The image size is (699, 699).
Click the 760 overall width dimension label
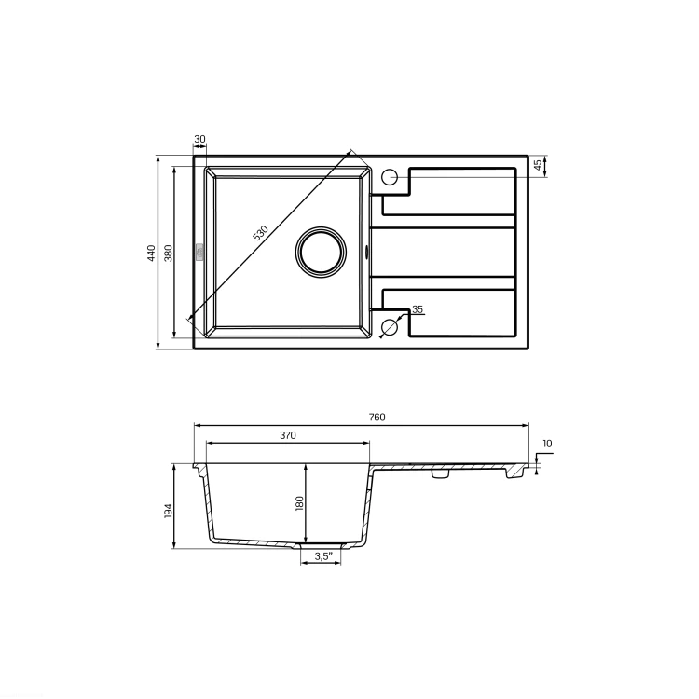377,418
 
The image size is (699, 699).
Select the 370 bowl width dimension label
288,435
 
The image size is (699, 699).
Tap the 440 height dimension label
152,253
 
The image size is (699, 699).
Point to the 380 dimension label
168,253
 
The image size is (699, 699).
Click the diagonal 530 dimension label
261,233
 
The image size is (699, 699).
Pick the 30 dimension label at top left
199,139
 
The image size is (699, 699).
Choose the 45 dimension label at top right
538,164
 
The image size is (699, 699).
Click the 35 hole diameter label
418,308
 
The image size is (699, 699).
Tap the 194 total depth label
168,511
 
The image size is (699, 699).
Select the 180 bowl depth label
299,503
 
